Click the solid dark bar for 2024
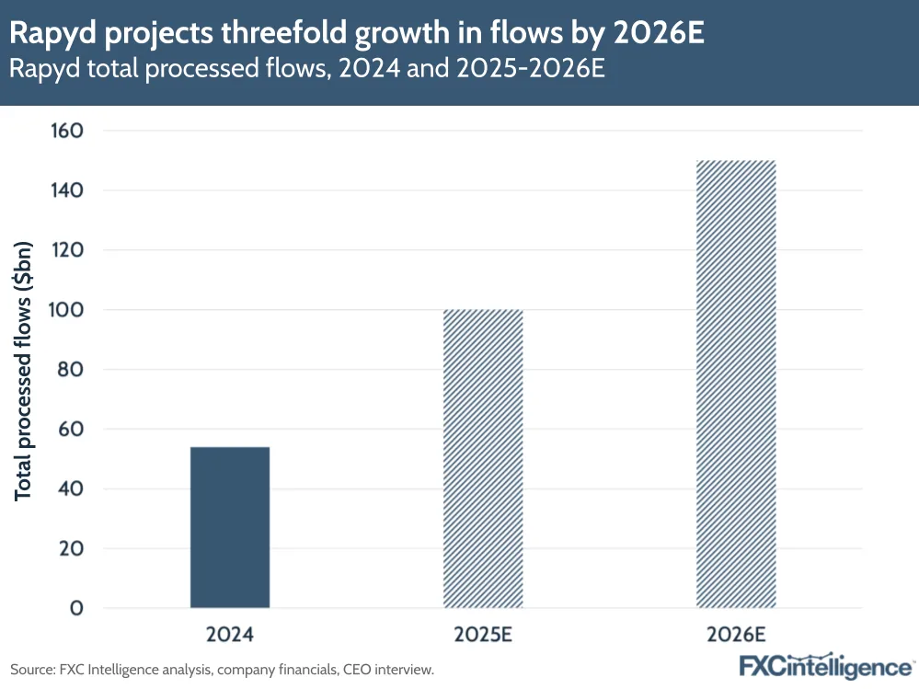(230, 527)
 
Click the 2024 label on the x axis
(230, 635)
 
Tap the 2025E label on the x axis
(483, 635)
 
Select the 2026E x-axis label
(736, 635)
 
